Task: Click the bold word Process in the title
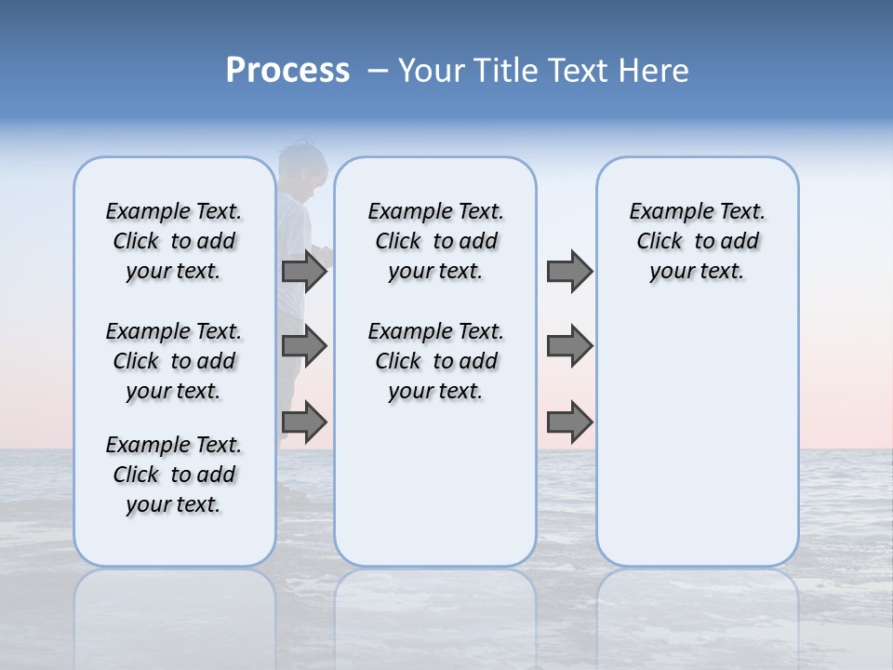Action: pos(287,70)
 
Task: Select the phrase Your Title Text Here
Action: pos(543,71)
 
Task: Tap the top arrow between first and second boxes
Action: pos(304,272)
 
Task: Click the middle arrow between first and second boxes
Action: pos(304,347)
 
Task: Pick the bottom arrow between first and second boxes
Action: pos(304,422)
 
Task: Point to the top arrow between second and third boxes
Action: pos(569,272)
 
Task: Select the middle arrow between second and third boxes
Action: pos(569,347)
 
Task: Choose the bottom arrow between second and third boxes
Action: pos(569,422)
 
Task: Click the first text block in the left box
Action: pos(174,241)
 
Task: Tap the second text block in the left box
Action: pos(174,361)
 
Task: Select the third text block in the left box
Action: pos(174,475)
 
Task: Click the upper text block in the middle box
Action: pos(435,241)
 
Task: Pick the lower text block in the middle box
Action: pos(435,361)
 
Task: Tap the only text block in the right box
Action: pos(697,241)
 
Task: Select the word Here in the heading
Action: pos(656,71)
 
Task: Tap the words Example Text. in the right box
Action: pos(697,211)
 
